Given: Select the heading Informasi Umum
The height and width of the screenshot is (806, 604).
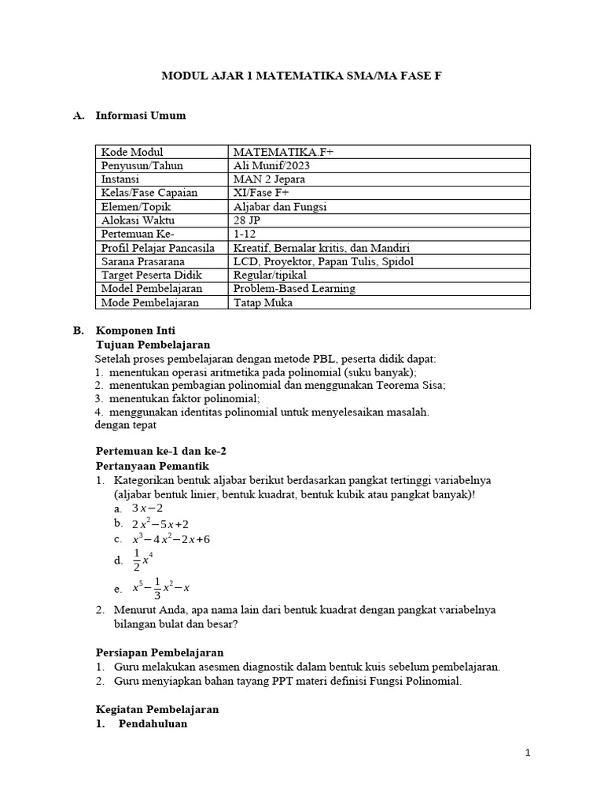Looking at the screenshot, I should coord(141,116).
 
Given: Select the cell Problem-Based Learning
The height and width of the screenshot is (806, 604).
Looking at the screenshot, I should coord(294,288).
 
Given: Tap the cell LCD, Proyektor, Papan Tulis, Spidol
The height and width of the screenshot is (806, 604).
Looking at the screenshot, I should coord(323,261).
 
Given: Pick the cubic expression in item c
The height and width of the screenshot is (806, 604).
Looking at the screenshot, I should coord(171,539).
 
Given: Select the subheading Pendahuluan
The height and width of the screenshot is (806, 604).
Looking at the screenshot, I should coord(153,723).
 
